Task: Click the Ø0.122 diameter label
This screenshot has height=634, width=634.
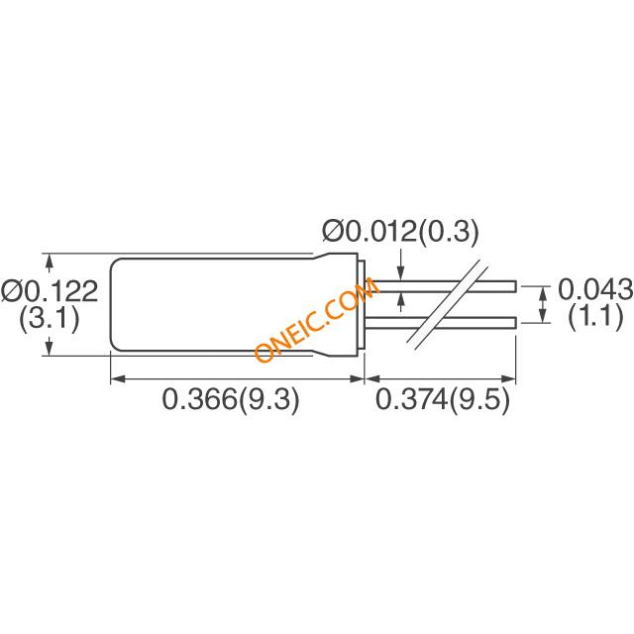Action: point(50,291)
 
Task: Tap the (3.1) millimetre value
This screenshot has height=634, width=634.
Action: point(50,318)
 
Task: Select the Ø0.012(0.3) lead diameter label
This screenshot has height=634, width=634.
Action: point(400,232)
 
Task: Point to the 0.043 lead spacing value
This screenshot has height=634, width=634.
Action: point(595,288)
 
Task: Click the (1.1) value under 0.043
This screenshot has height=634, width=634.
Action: point(596,317)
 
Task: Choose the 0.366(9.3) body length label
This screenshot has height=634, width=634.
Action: point(231,399)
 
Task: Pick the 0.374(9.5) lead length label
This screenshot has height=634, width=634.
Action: point(443,399)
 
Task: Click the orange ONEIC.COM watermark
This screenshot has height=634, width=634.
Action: point(317,319)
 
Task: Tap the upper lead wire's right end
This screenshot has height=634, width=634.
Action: point(516,286)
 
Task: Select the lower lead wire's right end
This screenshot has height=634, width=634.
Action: point(516,323)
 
